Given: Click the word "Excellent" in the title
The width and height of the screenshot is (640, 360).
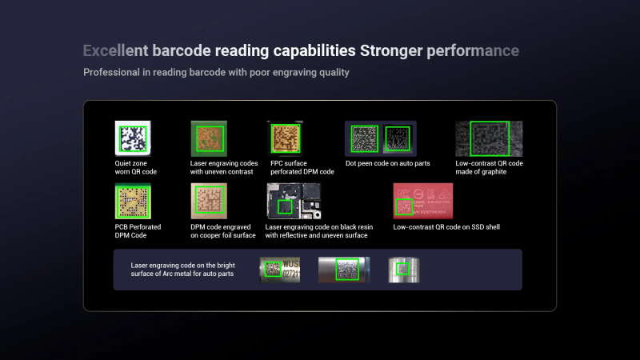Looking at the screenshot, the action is [x=115, y=50].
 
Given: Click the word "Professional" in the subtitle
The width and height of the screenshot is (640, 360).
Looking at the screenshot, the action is [x=111, y=72].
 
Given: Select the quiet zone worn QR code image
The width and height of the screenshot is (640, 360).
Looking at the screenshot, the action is [x=133, y=138].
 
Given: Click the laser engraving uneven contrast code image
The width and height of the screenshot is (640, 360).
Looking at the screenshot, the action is [x=209, y=138].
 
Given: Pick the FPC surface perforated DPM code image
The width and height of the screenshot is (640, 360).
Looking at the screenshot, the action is [x=285, y=138].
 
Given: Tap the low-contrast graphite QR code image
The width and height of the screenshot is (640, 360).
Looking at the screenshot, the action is [x=489, y=138].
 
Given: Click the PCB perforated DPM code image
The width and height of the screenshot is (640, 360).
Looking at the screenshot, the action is [x=133, y=201].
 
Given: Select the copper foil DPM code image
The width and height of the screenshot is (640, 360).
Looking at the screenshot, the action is [x=209, y=201].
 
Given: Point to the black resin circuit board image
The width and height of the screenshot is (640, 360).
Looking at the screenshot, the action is [x=294, y=201].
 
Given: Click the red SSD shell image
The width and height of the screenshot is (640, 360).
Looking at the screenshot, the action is [x=423, y=201].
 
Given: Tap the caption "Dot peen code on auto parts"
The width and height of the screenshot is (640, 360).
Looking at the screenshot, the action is [x=388, y=163].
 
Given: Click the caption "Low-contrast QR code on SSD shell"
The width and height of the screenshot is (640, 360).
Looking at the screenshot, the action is [x=446, y=227].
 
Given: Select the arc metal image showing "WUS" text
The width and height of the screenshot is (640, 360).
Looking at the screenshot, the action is [x=280, y=270].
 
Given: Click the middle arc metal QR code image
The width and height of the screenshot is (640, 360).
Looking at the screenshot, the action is [x=344, y=270].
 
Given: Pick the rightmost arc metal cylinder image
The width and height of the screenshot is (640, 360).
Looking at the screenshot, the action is [x=404, y=270].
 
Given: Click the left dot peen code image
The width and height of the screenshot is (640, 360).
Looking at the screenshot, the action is [x=364, y=138].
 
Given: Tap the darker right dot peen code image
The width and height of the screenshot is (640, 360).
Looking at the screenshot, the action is [x=398, y=138].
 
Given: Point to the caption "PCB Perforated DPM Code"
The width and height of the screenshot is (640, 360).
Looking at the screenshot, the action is [x=138, y=231].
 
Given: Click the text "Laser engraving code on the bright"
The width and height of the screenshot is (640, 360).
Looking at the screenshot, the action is [x=183, y=266].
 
